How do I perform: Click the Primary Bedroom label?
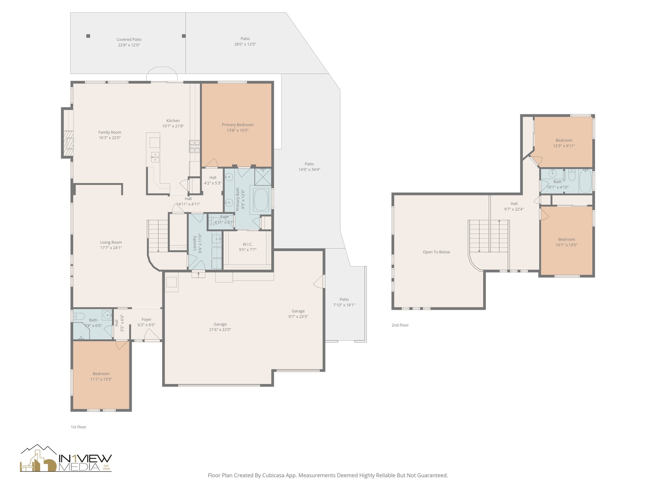(237, 125)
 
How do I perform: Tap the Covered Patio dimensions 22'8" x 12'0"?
(129, 45)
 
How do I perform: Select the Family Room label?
(110, 132)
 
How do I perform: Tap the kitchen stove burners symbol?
(194, 146)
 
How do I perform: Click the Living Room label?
(111, 242)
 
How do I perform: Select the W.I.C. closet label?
(248, 244)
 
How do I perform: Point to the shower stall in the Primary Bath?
(263, 177)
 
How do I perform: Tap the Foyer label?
(146, 319)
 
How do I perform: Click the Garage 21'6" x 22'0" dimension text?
(220, 330)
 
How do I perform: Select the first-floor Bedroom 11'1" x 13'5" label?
(101, 374)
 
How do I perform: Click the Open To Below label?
(436, 252)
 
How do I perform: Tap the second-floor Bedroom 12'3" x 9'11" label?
(564, 140)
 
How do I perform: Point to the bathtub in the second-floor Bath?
(585, 181)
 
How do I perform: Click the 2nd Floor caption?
(400, 325)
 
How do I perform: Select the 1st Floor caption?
(78, 427)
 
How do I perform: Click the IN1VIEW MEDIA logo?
(66, 459)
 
